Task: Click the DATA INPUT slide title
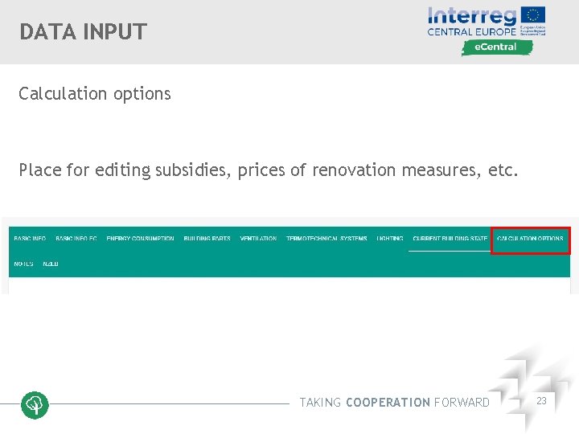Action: click(84, 32)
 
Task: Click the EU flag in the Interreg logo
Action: click(533, 14)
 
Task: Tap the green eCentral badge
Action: click(497, 47)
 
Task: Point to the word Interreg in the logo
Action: click(473, 15)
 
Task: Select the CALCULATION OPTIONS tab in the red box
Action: click(531, 240)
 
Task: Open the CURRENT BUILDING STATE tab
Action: click(450, 240)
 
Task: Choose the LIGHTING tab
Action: click(390, 240)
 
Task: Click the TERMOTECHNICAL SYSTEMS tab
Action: click(326, 240)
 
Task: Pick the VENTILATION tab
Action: click(258, 240)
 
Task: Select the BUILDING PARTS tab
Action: click(207, 240)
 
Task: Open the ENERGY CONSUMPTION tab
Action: click(140, 240)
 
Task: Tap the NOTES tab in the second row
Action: click(23, 264)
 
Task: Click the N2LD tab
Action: click(51, 264)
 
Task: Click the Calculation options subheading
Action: click(95, 93)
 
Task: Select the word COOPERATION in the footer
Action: click(388, 403)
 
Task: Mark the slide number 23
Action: click(541, 400)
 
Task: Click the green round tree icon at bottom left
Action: click(35, 405)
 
